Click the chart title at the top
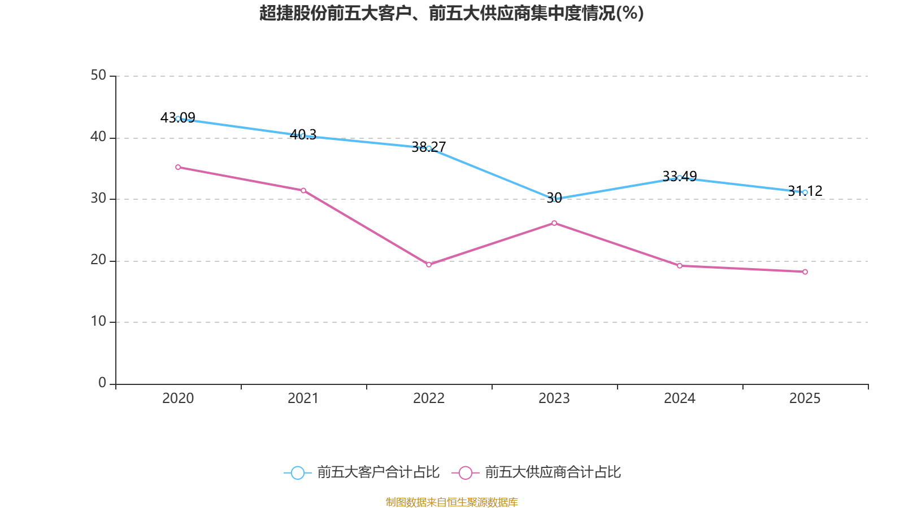click(451, 13)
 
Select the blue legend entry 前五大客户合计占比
click(362, 472)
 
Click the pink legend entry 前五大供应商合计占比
click(536, 472)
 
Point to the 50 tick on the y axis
click(98, 76)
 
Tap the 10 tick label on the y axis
click(98, 321)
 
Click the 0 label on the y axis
click(102, 383)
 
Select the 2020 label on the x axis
click(178, 398)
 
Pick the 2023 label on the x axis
click(554, 398)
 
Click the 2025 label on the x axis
click(805, 398)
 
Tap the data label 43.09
click(177, 118)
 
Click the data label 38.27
click(429, 147)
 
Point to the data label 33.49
click(680, 177)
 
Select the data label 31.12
click(805, 191)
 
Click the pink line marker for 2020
click(178, 167)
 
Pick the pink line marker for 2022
click(429, 265)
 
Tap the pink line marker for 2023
click(554, 223)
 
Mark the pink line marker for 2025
click(805, 271)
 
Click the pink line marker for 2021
click(303, 190)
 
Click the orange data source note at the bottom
click(451, 502)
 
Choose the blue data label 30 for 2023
click(554, 198)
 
